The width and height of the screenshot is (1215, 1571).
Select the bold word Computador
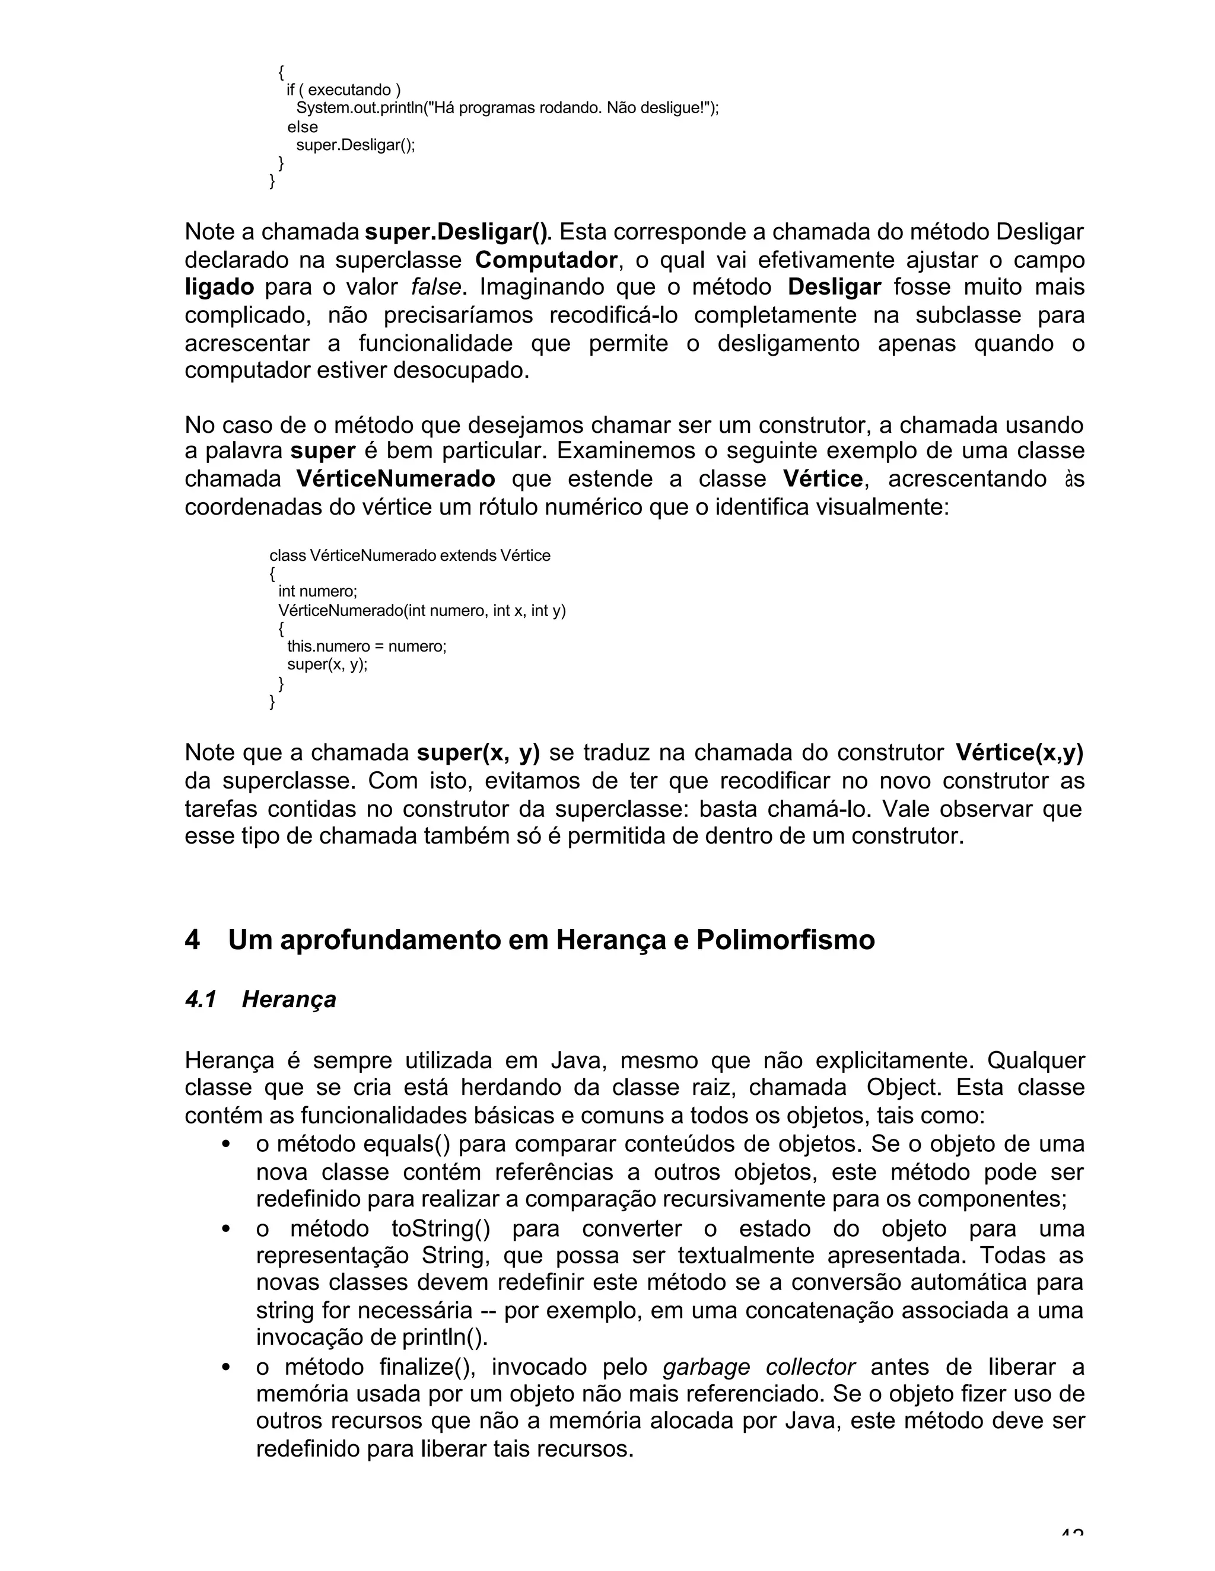click(x=546, y=260)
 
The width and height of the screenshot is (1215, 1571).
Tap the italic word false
click(x=435, y=288)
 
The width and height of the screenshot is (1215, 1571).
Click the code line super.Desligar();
click(x=355, y=145)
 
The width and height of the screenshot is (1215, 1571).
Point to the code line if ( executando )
click(x=343, y=90)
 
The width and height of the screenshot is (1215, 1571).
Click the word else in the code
click(x=303, y=127)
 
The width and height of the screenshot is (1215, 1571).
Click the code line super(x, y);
click(x=327, y=664)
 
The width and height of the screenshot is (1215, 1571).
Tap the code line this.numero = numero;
click(x=367, y=646)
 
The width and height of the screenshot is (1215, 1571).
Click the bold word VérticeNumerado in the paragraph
click(x=395, y=479)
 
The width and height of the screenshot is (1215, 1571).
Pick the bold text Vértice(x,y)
click(x=1019, y=753)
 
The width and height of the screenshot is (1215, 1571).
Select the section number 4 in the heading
click(x=192, y=940)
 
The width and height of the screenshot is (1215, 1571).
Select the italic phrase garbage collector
click(x=759, y=1366)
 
